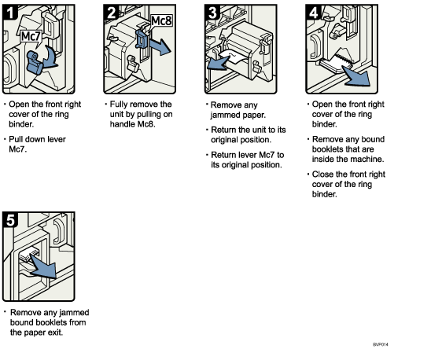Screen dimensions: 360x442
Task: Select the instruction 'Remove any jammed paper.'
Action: tap(237, 110)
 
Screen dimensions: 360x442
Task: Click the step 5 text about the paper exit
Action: tap(48, 321)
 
